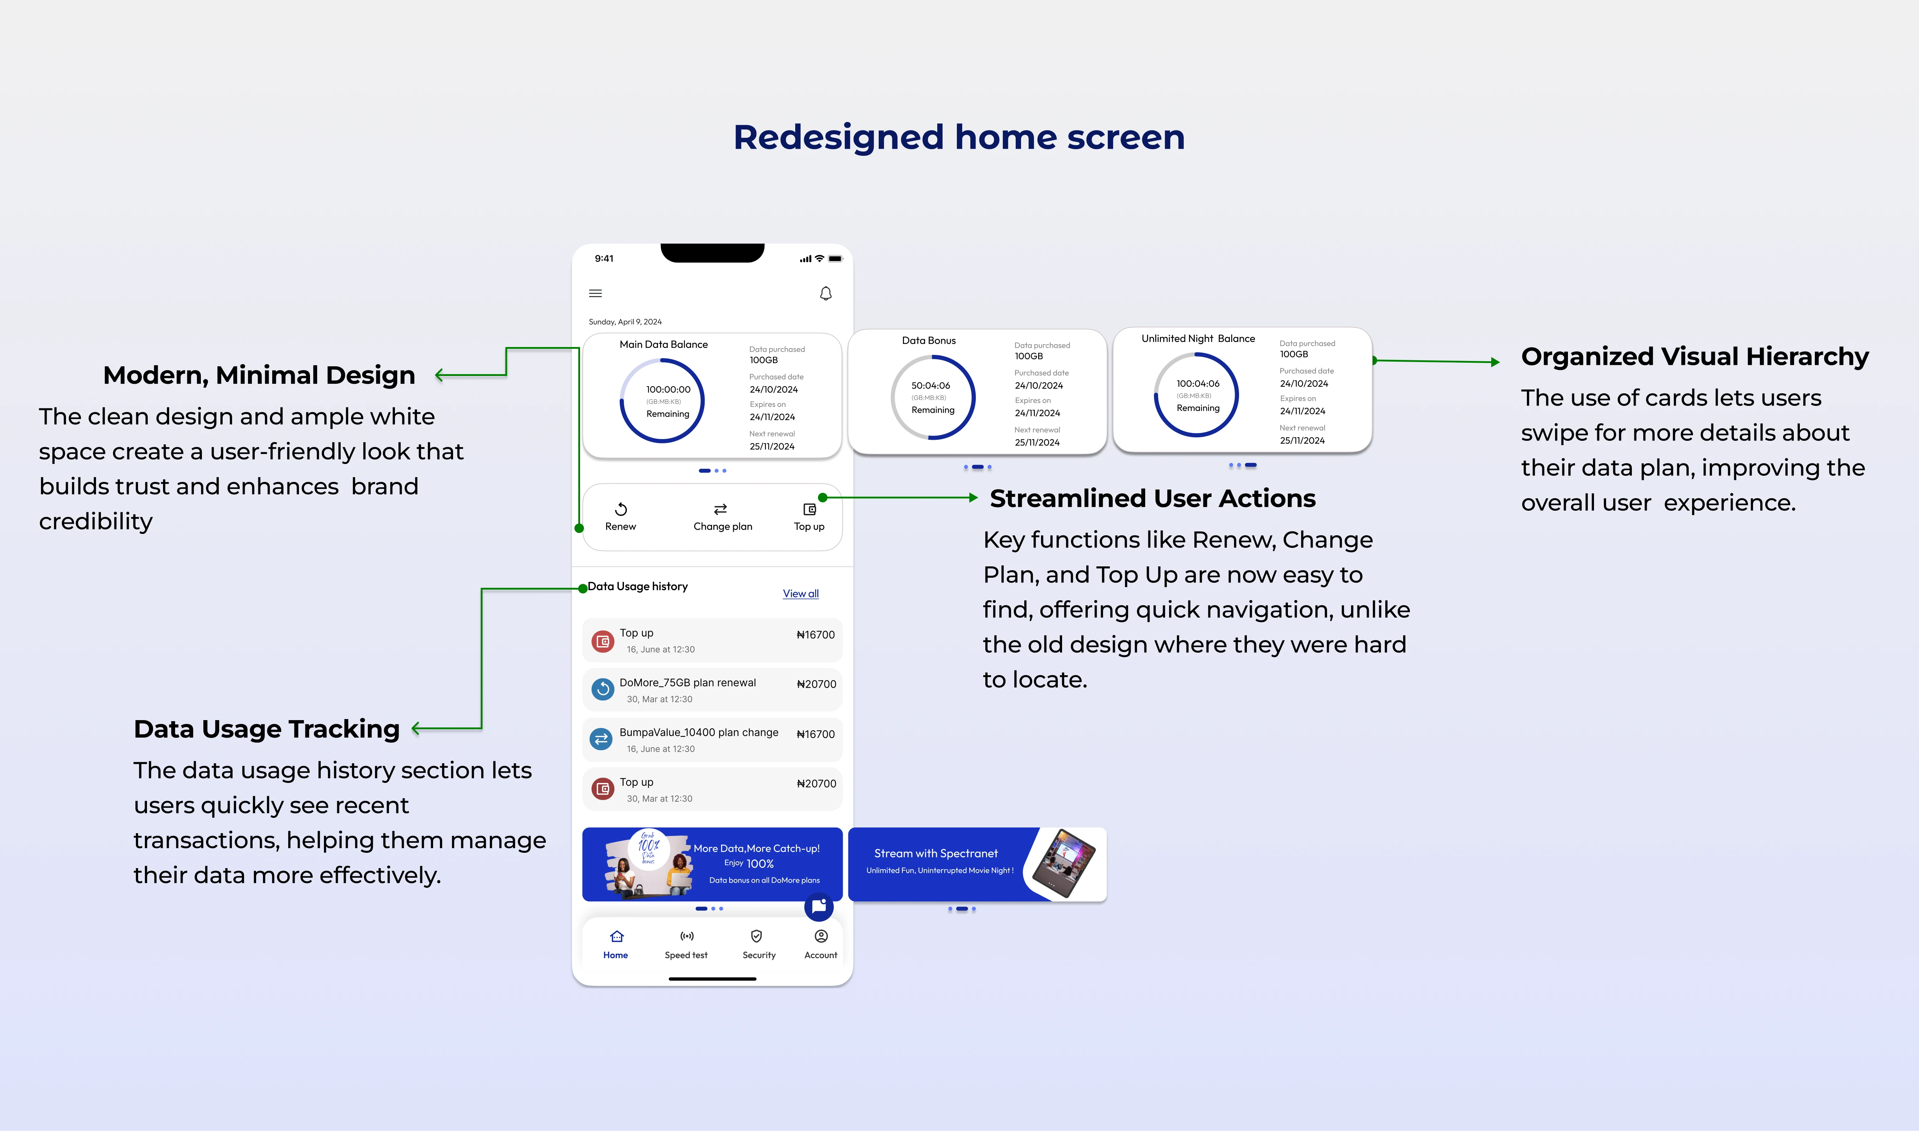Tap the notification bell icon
point(826,294)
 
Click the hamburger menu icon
point(595,294)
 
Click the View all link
point(800,594)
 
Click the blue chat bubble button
point(818,906)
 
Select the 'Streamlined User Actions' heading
point(1152,498)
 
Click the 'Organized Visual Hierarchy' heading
point(1694,357)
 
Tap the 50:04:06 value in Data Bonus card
point(930,386)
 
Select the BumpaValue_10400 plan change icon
point(601,739)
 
